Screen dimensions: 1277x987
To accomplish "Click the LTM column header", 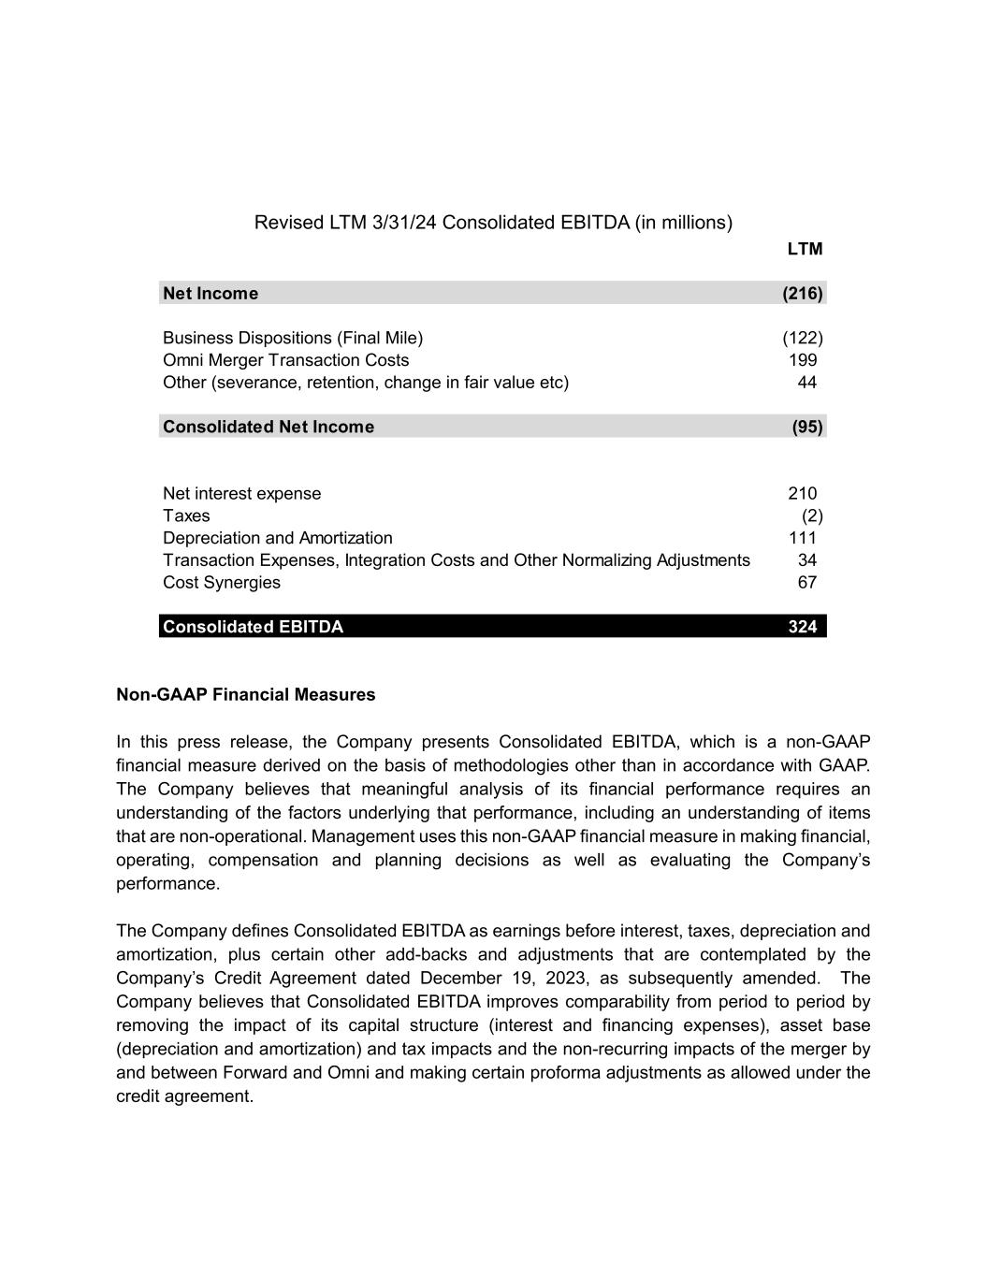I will coord(805,249).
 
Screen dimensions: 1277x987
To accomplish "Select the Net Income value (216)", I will coord(803,294).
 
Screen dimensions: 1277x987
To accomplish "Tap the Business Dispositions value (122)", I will coord(803,338).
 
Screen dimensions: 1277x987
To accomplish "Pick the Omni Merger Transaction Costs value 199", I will coord(803,360).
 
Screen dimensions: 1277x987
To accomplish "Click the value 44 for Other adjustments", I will coord(806,383).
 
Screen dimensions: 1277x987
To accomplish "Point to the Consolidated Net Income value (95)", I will coord(807,428).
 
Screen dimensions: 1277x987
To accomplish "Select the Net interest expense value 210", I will coord(803,494).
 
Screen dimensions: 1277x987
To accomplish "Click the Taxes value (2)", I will coord(812,516).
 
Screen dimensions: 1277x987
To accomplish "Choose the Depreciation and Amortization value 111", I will coord(803,538).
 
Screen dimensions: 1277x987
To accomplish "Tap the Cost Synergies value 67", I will coord(806,583).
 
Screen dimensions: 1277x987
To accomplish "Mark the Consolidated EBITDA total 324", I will coord(803,627).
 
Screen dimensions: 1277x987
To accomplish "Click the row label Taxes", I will coord(186,516).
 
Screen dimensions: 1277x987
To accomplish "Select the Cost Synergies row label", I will coord(221,583).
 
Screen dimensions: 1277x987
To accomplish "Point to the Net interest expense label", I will coord(241,494).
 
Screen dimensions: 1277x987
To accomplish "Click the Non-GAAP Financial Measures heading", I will coord(245,695).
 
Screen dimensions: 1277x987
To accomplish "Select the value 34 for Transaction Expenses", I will coord(806,560).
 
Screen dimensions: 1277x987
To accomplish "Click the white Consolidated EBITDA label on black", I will coord(253,627).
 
